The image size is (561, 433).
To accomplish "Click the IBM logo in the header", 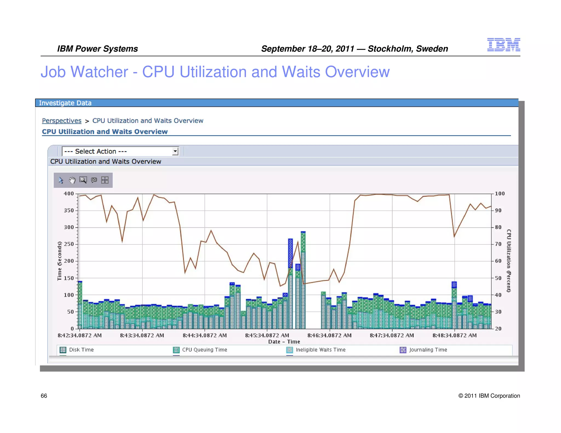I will click(x=503, y=45).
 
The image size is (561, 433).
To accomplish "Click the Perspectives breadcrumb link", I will click(x=62, y=121).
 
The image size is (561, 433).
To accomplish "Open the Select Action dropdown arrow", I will click(x=175, y=151).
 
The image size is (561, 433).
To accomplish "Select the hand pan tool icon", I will click(x=72, y=180).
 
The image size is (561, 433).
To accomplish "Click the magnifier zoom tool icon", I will click(x=83, y=180).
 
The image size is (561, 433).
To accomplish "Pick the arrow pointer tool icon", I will click(x=61, y=180).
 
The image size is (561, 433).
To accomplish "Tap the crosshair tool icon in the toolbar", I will click(x=105, y=180).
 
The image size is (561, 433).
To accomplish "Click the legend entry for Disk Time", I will click(x=81, y=350).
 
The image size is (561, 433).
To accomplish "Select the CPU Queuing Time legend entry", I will click(x=204, y=350).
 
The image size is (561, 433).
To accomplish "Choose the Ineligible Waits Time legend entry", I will click(x=320, y=350).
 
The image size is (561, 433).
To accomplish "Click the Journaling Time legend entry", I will click(x=428, y=350).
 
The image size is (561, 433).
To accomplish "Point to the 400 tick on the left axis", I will click(x=69, y=194).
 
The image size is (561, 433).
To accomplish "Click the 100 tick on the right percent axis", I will click(x=500, y=194).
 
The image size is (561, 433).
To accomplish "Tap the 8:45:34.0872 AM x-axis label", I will click(x=267, y=336).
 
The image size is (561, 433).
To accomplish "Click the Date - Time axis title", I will click(x=284, y=342).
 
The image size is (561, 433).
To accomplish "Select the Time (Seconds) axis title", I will click(x=59, y=261).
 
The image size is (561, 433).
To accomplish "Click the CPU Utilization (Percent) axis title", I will click(x=509, y=261).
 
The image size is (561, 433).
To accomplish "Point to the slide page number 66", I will click(x=44, y=396).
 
